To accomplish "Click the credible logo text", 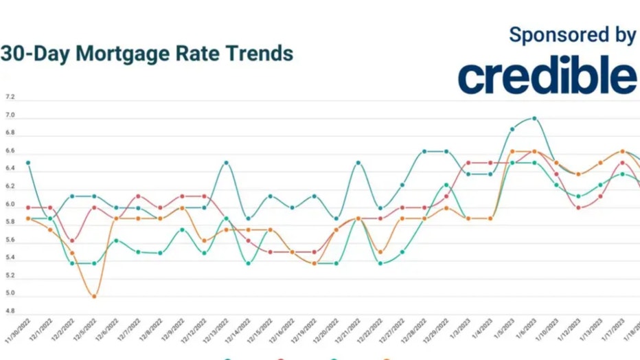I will coord(547,76).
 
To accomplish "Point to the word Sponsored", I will coord(549,36).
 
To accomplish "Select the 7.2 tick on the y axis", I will coord(10,98).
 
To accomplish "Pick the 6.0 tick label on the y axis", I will coord(10,205).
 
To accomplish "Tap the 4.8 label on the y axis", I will coord(10,311).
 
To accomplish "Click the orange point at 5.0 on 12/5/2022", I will coord(94,296).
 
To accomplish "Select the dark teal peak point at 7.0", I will coord(534,118).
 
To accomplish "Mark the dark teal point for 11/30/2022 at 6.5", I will coord(28,163).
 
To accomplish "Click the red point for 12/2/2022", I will coord(72,240).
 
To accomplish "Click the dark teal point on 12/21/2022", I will coord(358,163).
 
